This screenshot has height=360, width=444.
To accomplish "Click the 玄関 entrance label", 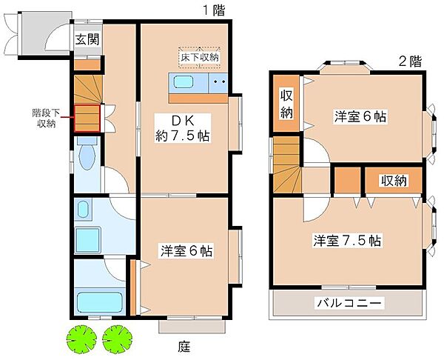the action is click(x=87, y=39).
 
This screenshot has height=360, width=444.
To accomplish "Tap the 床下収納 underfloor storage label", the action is click(x=200, y=58).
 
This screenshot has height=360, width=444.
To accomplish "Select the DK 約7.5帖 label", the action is click(x=183, y=128).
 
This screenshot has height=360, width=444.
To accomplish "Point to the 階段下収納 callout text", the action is click(x=46, y=119).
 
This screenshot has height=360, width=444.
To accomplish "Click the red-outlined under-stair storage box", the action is click(x=87, y=119).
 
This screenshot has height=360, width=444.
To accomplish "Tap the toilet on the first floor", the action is click(x=87, y=153).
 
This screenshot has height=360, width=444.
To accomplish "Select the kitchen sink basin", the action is click(x=184, y=82).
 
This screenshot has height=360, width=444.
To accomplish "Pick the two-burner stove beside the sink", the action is click(x=218, y=82).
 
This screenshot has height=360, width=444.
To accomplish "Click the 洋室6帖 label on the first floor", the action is click(x=186, y=250).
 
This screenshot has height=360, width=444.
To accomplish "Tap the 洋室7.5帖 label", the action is click(x=347, y=241).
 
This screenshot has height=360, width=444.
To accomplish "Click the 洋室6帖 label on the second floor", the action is click(x=360, y=116).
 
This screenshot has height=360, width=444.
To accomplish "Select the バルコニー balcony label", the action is click(x=349, y=303).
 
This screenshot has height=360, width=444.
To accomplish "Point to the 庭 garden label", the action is click(x=184, y=346).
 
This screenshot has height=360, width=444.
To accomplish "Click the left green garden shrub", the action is click(x=81, y=339).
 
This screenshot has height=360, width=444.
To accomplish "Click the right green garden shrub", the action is click(x=117, y=339).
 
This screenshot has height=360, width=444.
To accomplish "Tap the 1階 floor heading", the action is click(x=214, y=11).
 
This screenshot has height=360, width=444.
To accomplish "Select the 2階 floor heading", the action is click(x=410, y=61).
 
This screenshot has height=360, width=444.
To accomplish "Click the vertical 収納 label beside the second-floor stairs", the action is click(x=286, y=104).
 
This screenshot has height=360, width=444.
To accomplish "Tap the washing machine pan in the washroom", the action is click(x=88, y=240).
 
